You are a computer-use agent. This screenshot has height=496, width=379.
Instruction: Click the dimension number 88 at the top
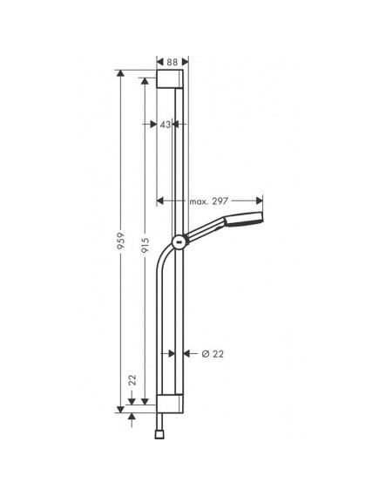[173, 62]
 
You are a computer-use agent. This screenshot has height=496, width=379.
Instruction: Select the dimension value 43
[165, 125]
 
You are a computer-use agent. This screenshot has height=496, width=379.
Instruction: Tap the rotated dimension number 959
[121, 241]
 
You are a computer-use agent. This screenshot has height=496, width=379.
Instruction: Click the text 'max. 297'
[208, 201]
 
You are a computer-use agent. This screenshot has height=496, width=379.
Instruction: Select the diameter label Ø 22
[213, 354]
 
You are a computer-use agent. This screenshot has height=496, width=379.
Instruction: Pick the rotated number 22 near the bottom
[132, 380]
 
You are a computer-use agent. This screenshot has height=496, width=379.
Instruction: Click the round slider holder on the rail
[179, 243]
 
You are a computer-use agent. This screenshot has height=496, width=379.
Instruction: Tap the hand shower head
[243, 219]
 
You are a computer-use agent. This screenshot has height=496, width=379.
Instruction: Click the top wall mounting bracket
[170, 78]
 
